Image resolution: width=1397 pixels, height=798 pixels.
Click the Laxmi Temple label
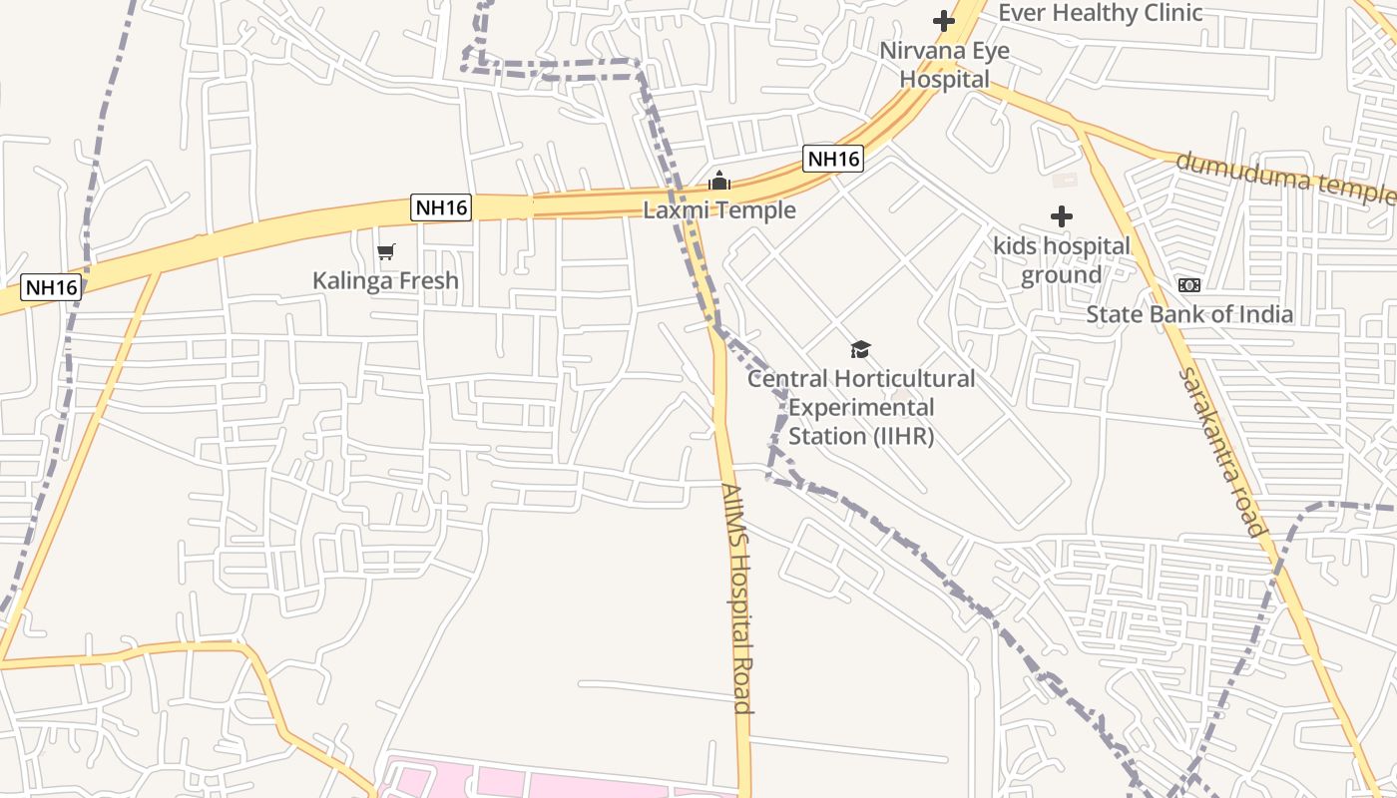pos(718,210)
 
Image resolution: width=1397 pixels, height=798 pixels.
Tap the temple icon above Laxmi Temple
pos(718,182)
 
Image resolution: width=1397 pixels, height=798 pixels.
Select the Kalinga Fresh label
pos(385,280)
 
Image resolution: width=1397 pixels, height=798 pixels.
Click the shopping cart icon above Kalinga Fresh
pos(385,252)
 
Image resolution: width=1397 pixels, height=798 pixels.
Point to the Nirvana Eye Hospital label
pos(944,65)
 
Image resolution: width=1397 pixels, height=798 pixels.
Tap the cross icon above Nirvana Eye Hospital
pos(943,20)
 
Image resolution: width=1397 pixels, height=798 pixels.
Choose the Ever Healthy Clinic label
pos(1100,13)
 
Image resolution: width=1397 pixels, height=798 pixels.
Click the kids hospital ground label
pos(1061,260)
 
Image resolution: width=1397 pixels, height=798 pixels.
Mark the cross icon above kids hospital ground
pos(1061,216)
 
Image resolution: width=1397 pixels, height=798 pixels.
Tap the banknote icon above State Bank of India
pos(1188,285)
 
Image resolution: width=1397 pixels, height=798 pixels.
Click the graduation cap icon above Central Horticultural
pos(860,349)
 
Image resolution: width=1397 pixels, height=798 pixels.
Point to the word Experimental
pos(861,408)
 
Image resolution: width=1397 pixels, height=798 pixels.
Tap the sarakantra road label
pos(1221,451)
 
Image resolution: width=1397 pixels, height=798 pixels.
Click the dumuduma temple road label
pos(1285,177)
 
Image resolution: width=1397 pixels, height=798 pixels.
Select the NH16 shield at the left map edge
pos(51,287)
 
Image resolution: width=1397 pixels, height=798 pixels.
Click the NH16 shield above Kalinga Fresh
pos(441,207)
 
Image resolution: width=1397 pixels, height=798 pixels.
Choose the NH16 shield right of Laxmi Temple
pos(832,159)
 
